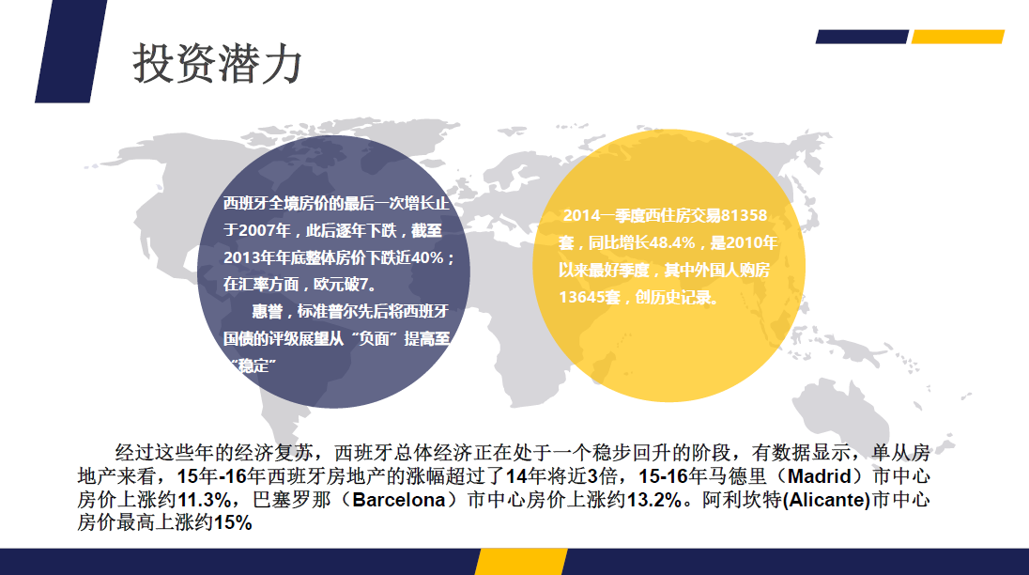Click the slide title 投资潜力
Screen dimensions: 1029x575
(217, 64)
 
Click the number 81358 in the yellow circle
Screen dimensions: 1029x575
(744, 215)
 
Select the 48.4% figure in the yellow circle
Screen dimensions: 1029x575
(672, 242)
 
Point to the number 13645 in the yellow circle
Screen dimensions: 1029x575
(581, 297)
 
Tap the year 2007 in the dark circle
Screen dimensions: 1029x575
(256, 230)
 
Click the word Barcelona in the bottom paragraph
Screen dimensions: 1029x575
(399, 500)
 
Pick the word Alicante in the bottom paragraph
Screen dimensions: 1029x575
(827, 500)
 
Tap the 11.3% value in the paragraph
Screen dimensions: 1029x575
(204, 500)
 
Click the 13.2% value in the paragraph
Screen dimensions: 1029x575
(654, 500)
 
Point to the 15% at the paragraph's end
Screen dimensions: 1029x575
(233, 523)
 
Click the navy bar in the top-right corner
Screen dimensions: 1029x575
(862, 37)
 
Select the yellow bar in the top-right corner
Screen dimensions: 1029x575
(959, 37)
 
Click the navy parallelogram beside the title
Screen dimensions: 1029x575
(70, 51)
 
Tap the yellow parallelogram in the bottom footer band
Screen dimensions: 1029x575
(521, 562)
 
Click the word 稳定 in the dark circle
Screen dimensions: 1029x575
(255, 365)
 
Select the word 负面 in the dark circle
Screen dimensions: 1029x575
(374, 338)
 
